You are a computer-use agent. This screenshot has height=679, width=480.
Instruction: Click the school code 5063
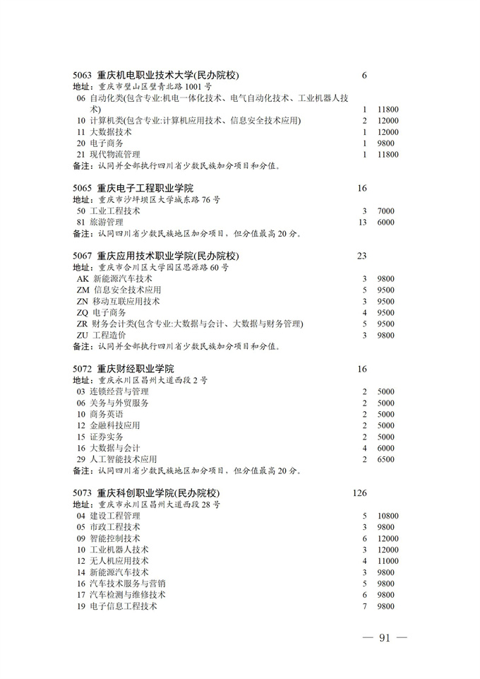pos(83,75)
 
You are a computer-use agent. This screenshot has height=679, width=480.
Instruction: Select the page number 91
pos(385,638)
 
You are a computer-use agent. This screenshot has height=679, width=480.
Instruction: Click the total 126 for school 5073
pos(359,492)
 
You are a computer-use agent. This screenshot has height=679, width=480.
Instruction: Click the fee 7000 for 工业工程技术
pos(386,211)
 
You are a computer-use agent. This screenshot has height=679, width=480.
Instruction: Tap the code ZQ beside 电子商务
pos(83,312)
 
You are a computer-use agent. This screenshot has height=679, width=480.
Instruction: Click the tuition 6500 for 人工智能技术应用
pos(386,459)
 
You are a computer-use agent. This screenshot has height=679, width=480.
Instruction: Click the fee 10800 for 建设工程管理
pos(388,516)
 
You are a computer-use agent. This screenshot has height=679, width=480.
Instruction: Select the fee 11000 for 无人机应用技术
pos(388,561)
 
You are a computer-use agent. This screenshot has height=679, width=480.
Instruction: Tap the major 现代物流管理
pos(115,154)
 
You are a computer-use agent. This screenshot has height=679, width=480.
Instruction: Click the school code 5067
pos(83,256)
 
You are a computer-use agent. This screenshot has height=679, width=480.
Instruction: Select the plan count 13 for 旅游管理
pos(364,222)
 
